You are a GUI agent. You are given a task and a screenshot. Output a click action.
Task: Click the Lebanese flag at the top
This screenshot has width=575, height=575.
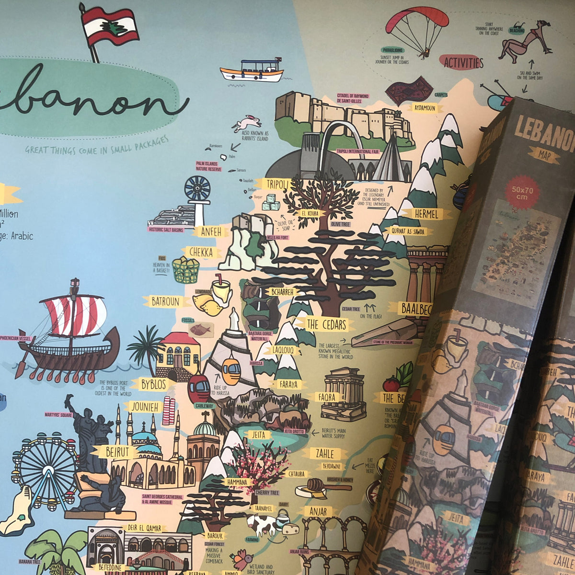(x=110, y=26)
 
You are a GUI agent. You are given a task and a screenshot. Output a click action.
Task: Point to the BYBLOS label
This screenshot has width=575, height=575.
(x=152, y=384)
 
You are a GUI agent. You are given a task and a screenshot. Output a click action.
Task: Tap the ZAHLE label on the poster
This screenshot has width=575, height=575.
(x=331, y=453)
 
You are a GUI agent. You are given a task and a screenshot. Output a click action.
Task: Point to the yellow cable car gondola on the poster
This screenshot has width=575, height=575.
(x=231, y=371)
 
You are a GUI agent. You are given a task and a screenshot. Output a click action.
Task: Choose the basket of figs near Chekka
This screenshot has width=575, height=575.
(x=185, y=270)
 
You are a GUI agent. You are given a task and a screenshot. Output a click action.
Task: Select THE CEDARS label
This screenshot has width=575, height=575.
(x=326, y=324)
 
